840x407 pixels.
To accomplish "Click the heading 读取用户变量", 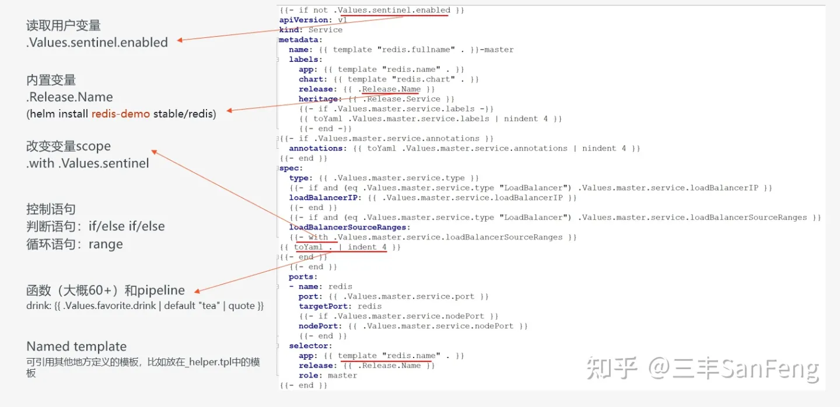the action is click(64, 26).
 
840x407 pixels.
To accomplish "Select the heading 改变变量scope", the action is click(68, 146).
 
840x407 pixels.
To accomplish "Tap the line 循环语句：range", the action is click(75, 244).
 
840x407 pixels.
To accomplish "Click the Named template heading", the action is click(76, 346).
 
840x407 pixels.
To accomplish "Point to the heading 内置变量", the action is click(51, 80).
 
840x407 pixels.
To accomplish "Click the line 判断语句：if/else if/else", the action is click(96, 226).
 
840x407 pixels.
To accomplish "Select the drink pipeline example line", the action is click(145, 306).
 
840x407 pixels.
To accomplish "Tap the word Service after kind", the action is click(325, 30).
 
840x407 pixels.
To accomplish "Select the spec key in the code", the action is click(290, 168).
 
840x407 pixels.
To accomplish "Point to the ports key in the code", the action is click(303, 277).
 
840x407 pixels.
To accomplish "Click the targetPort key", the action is click(324, 306).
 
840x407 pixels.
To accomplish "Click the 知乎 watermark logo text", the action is click(612, 369).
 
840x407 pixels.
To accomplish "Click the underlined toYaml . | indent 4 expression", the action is click(340, 247).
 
